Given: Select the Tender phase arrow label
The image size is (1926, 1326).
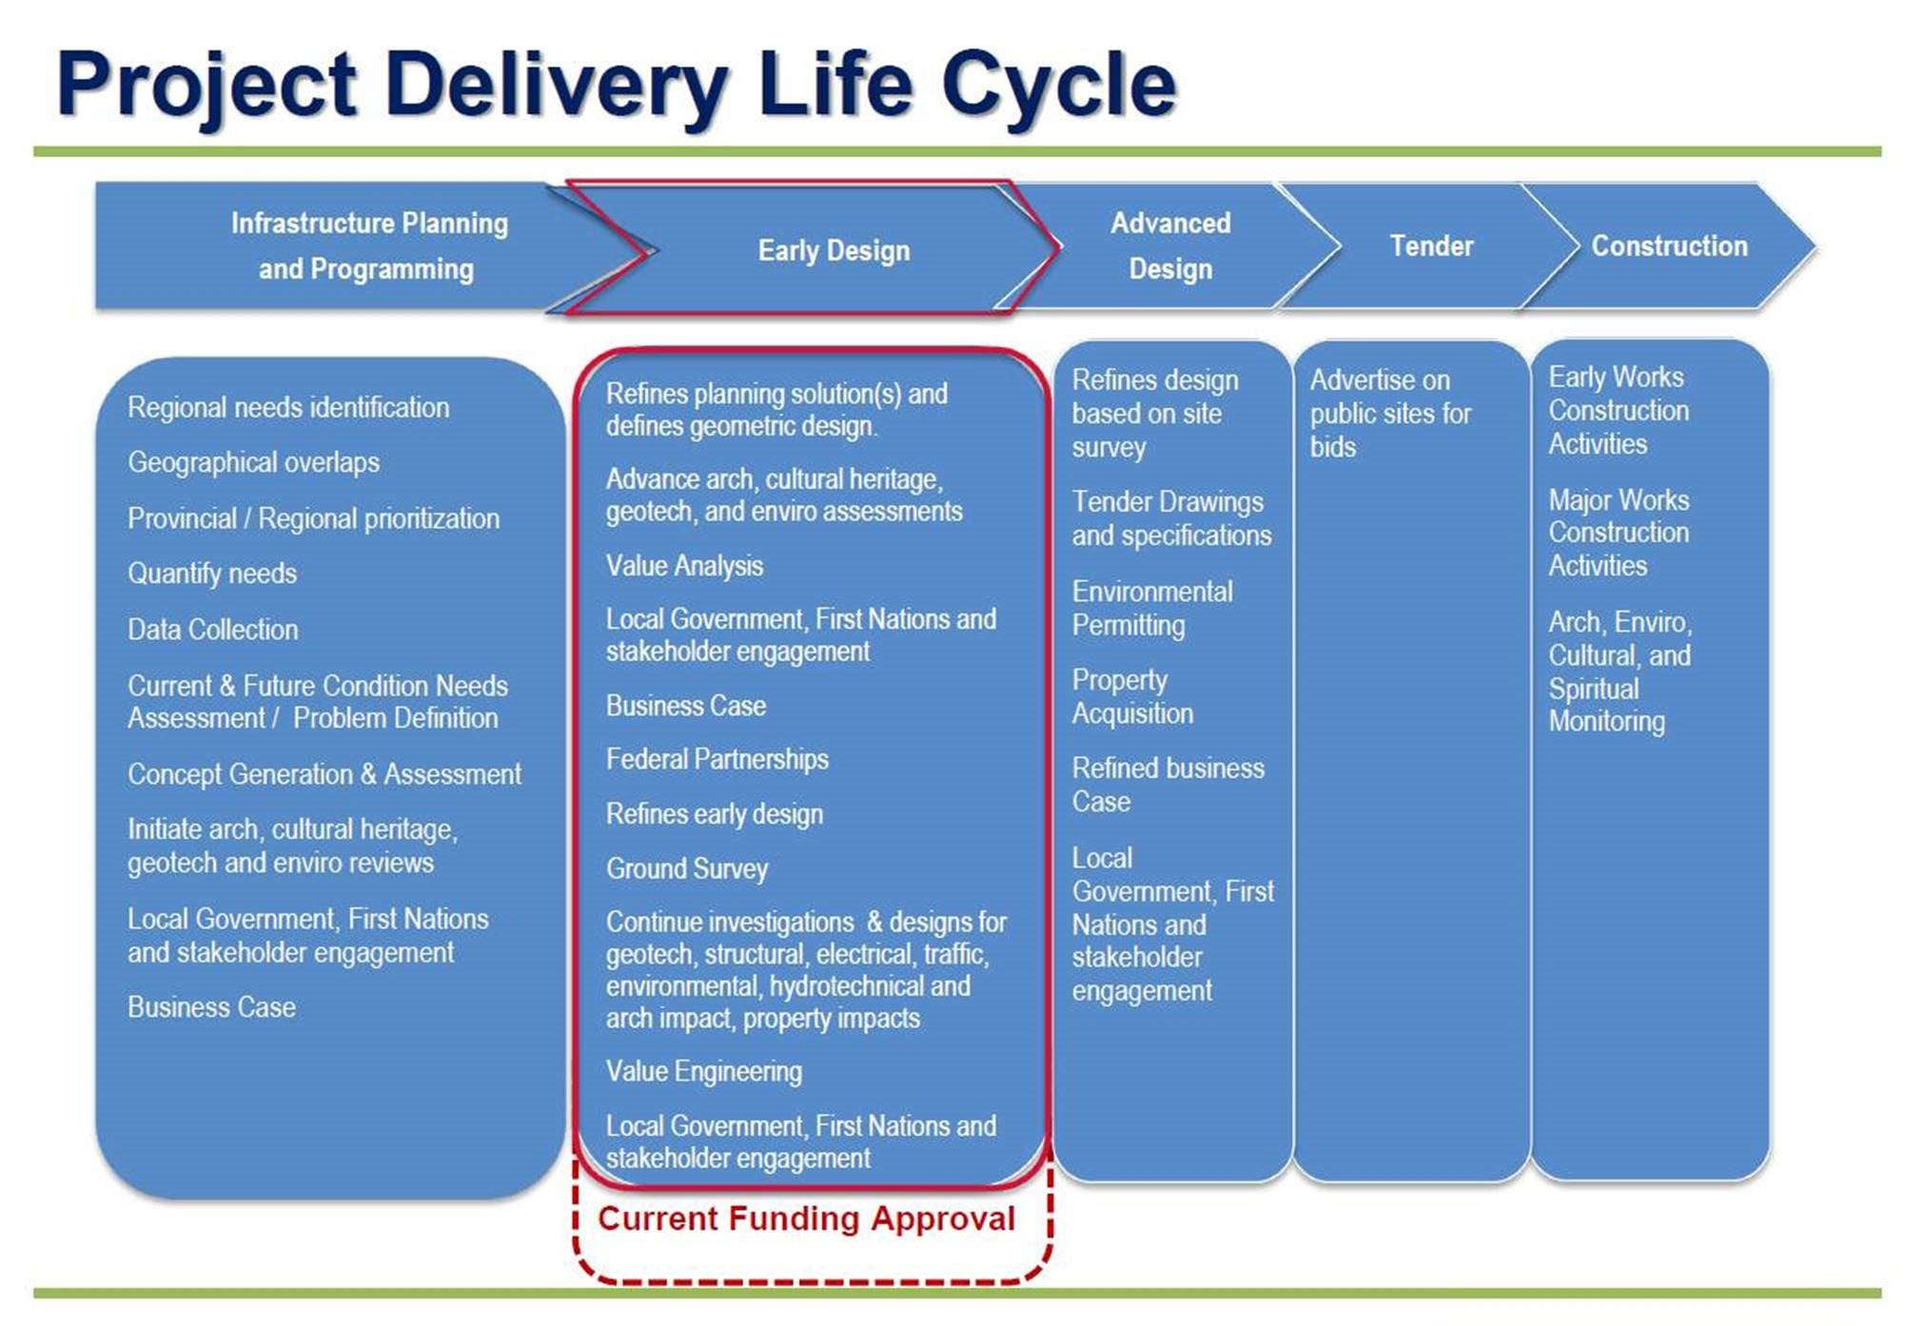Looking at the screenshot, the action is pyautogui.click(x=1431, y=245).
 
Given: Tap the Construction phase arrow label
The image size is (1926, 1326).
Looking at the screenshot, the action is pyautogui.click(x=1669, y=245).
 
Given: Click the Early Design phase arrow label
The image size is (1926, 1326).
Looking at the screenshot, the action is pyautogui.click(x=834, y=250).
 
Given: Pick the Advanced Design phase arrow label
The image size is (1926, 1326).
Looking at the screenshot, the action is pyautogui.click(x=1170, y=245).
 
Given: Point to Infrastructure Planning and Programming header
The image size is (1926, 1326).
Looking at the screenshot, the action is pyautogui.click(x=369, y=245).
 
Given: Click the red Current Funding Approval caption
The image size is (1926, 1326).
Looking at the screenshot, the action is pyautogui.click(x=806, y=1219).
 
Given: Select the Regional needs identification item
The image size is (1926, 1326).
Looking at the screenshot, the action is pyautogui.click(x=288, y=407).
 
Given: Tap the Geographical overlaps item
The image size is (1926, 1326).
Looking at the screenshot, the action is pyautogui.click(x=253, y=462).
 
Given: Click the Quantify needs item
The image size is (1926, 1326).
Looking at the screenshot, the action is pyautogui.click(x=212, y=574).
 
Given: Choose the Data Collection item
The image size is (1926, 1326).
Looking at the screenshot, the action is pyautogui.click(x=213, y=629).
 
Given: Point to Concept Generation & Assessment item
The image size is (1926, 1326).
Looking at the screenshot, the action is pyautogui.click(x=324, y=774).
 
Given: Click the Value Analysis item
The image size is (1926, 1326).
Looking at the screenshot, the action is pyautogui.click(x=684, y=566).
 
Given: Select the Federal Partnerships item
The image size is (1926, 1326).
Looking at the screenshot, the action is pyautogui.click(x=717, y=759).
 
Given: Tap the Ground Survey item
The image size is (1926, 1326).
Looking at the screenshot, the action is pyautogui.click(x=687, y=868).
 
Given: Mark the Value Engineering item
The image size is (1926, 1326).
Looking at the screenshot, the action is pyautogui.click(x=704, y=1071).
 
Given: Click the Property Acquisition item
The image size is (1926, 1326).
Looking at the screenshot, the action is pyautogui.click(x=1132, y=696).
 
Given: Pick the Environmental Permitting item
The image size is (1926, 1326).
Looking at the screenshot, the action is pyautogui.click(x=1152, y=608).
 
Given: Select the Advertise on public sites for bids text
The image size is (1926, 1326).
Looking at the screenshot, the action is pyautogui.click(x=1390, y=413).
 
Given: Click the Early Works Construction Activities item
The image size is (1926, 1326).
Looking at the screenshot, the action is pyautogui.click(x=1619, y=410).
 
